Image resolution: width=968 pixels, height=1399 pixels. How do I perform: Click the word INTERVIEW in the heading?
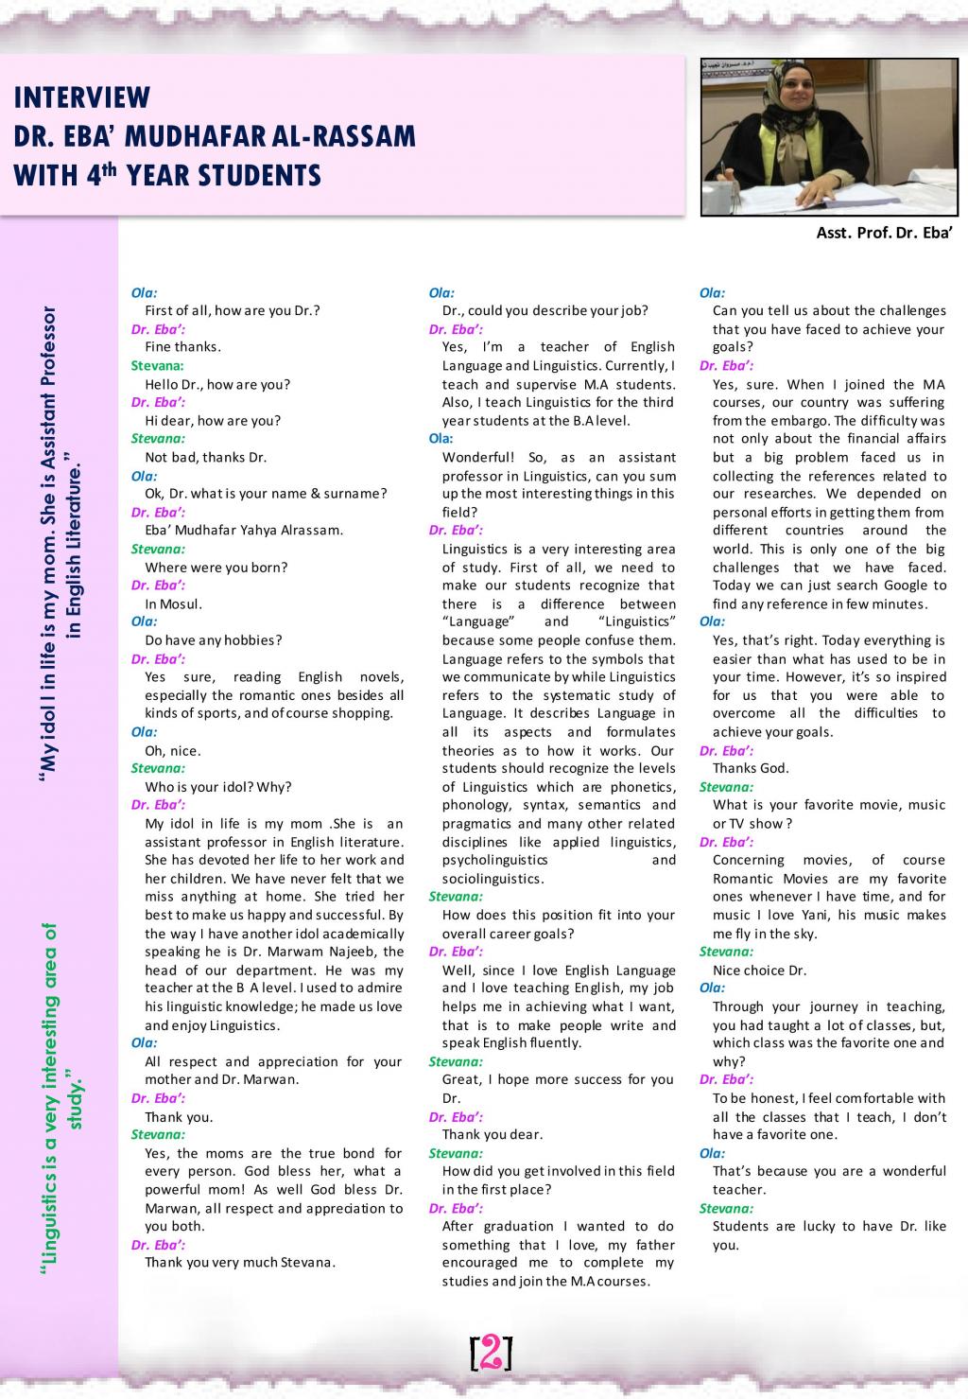pos(81,97)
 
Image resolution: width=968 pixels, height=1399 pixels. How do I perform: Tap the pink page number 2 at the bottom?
pos(491,1353)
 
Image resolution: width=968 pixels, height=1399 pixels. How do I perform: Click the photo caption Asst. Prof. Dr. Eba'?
pos(884,233)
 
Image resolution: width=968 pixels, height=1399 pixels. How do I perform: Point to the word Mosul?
pos(187,603)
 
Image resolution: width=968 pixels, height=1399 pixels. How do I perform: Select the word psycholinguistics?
pos(494,860)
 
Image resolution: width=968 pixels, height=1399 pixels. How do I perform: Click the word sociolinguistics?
pos(491,879)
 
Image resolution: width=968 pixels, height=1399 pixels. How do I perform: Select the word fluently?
pos(548,1042)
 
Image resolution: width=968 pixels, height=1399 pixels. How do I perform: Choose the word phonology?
pos(475,805)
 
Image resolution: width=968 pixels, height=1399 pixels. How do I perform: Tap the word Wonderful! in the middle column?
pos(478,458)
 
